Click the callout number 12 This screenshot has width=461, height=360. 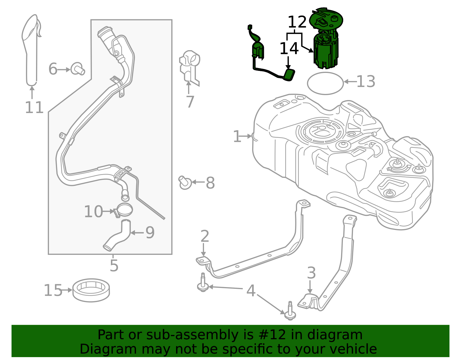pyautogui.click(x=297, y=22)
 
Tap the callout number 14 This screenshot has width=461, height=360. pyautogui.click(x=289, y=49)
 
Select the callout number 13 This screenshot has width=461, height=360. pyautogui.click(x=366, y=82)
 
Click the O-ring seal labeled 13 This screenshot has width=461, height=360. pyautogui.click(x=325, y=83)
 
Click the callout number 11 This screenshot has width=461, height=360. pyautogui.click(x=34, y=108)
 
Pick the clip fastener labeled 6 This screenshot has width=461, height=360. pyautogui.click(x=78, y=69)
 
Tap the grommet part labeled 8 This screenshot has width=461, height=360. pyautogui.click(x=185, y=183)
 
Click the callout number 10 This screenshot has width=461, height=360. pyautogui.click(x=93, y=212)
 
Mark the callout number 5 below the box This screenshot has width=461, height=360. pyautogui.click(x=114, y=265)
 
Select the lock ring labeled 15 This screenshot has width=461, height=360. pyautogui.click(x=91, y=290)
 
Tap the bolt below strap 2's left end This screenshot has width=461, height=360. pyautogui.click(x=203, y=284)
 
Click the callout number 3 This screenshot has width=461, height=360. pyautogui.click(x=311, y=273)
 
